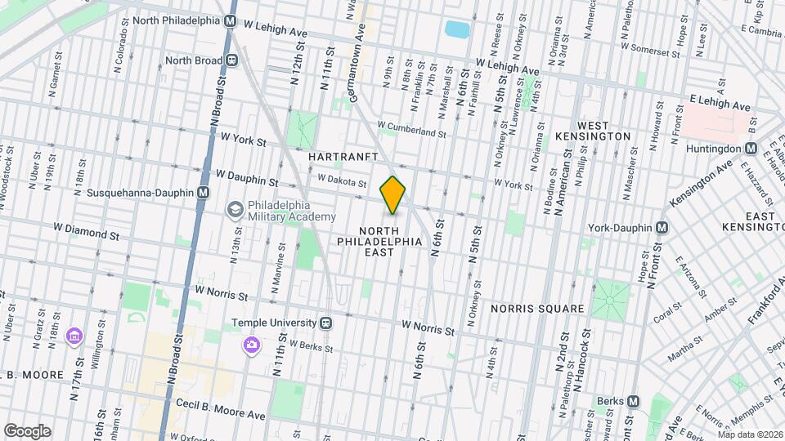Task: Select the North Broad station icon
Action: click(232, 60)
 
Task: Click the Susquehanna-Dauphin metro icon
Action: click(203, 192)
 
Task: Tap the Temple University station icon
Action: click(325, 323)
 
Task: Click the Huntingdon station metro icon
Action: click(750, 149)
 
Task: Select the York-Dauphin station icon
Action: click(661, 227)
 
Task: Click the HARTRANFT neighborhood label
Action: click(340, 155)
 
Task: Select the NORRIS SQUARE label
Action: click(537, 309)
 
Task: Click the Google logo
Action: click(26, 430)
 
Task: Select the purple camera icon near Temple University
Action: click(250, 345)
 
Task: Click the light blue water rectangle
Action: click(455, 30)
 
